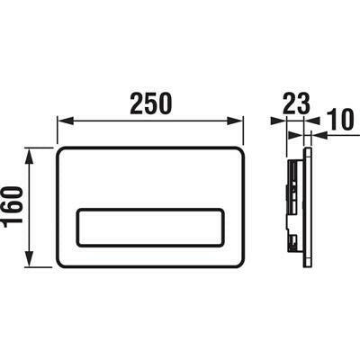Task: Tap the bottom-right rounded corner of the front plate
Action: point(241,262)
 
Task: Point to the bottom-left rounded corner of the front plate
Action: point(61,262)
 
